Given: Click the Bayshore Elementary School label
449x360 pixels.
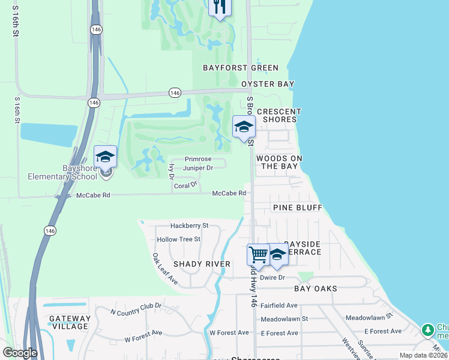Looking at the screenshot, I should pos(62,172).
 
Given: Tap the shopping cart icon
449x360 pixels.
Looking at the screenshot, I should pos(258,254).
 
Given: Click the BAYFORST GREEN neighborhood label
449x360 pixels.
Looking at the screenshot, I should pos(240,68).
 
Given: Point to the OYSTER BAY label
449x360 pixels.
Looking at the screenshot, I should pos(268,84).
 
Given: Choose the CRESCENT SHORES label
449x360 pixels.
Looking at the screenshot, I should pos(279,115).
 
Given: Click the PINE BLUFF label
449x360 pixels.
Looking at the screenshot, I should pos(298,208).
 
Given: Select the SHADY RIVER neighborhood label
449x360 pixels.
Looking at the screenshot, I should pos(202,264).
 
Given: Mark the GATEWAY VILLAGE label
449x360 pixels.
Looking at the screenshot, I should pos(70,322).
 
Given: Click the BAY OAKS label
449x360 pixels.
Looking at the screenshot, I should pos(316,289).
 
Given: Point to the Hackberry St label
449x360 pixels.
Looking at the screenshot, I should pos(189,226).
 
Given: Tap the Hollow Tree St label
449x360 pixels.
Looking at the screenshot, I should pos(178,239).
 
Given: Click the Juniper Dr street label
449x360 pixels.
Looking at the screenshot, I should pos(198,168).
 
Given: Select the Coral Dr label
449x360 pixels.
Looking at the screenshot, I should pos(185,186).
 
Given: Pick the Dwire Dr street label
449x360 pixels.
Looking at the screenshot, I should pos(272,277).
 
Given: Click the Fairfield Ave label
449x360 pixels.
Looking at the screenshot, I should pos(284,305).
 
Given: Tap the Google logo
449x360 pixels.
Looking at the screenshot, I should pos(20,353).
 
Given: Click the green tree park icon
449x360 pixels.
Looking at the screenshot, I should pos(427,330).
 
